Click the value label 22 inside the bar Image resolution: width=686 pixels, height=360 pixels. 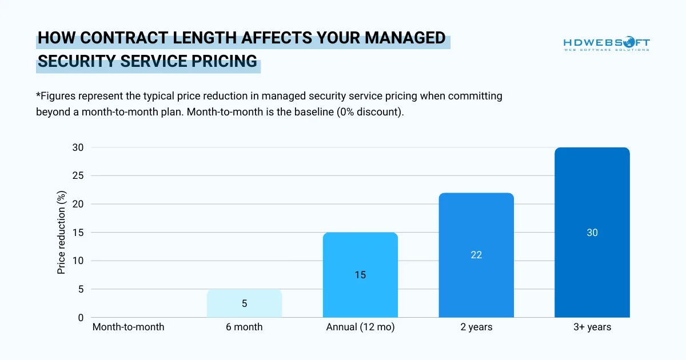click(476, 255)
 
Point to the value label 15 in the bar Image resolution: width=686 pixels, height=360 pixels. click(360, 275)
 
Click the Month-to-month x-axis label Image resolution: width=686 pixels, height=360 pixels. click(128, 327)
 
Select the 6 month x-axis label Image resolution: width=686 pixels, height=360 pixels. click(244, 327)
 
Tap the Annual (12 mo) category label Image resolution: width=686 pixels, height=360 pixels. click(360, 327)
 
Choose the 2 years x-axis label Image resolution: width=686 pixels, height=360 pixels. click(476, 327)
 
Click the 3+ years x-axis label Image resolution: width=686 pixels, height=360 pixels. click(592, 327)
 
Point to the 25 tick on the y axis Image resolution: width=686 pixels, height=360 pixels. click(78, 176)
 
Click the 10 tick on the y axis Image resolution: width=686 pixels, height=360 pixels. click(78, 261)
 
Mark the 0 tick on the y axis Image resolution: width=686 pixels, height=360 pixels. click(81, 318)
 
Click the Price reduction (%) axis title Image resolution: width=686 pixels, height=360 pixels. click(62, 233)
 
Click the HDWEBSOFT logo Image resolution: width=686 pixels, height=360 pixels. click(607, 44)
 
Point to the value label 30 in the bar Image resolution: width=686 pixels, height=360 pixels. click(592, 233)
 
